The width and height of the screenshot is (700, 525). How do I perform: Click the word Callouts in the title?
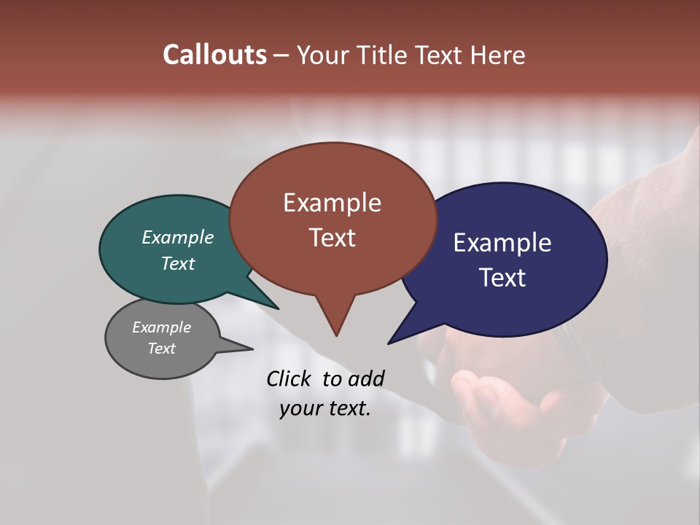click(214, 55)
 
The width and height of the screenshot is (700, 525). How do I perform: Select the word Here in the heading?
click(499, 55)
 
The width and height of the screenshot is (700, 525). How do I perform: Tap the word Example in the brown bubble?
click(332, 203)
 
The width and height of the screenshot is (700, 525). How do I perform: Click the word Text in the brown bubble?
click(332, 238)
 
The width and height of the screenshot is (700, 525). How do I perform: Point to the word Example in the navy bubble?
click(502, 243)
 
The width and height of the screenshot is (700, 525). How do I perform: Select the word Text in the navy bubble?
click(502, 278)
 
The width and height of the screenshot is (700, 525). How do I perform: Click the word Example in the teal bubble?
click(178, 238)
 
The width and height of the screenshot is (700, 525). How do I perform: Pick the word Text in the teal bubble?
click(178, 263)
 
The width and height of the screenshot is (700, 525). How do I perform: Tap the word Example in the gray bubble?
click(162, 327)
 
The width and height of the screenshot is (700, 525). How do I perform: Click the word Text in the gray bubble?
click(162, 349)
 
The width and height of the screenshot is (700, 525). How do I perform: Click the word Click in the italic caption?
click(289, 378)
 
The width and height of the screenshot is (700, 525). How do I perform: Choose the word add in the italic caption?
click(365, 378)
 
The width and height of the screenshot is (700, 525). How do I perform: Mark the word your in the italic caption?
click(300, 408)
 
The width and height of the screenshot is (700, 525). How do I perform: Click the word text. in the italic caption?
click(347, 408)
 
